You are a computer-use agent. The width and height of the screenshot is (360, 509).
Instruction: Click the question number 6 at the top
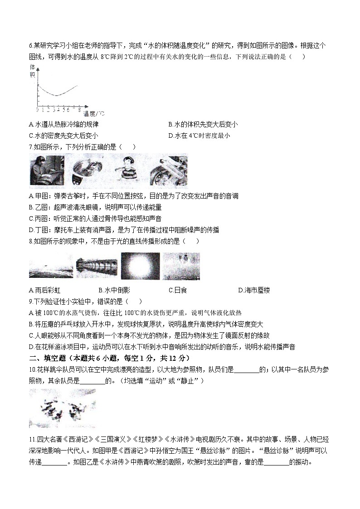click(30, 46)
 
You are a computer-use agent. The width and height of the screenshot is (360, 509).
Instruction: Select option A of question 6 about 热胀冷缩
click(63, 124)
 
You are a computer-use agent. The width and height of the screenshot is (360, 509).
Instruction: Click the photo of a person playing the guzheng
click(46, 172)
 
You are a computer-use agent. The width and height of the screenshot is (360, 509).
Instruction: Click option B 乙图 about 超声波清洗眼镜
click(95, 207)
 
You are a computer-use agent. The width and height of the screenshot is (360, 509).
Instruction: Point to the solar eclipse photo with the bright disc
click(141, 266)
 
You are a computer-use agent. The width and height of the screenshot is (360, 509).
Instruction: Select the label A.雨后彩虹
click(44, 290)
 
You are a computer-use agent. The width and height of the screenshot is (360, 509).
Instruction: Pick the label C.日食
click(177, 290)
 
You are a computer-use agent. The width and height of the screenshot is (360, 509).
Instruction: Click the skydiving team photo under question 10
click(62, 408)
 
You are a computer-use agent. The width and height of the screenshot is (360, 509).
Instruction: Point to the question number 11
click(31, 441)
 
